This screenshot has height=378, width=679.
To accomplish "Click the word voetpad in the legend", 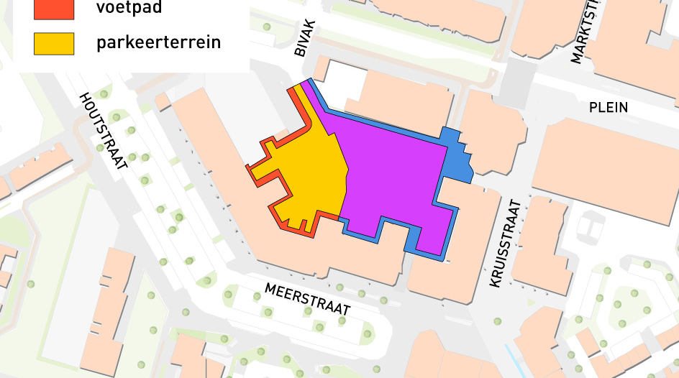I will (129, 9).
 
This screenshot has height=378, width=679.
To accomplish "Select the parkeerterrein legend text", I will (158, 43).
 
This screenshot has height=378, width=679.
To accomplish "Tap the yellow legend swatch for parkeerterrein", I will (54, 44).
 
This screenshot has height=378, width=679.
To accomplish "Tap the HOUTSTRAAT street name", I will (104, 131).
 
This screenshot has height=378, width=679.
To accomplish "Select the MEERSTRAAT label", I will (307, 299).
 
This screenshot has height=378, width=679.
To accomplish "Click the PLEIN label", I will (608, 108).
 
